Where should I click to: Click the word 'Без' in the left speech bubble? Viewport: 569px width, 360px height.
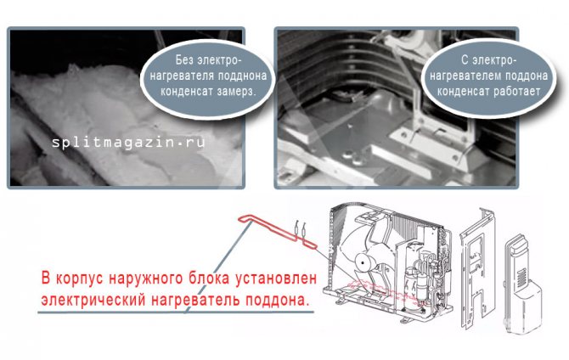(186, 60)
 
